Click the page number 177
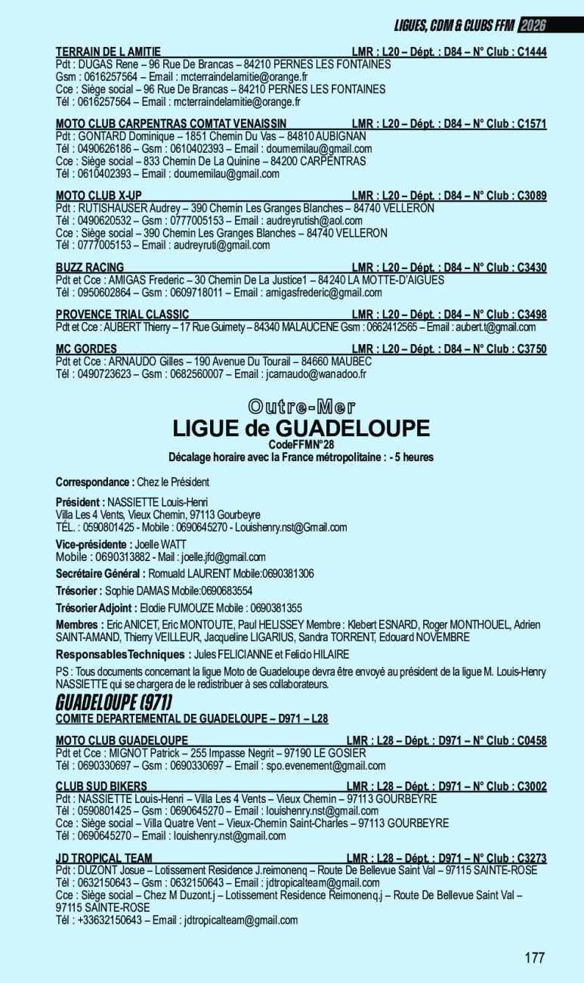534,958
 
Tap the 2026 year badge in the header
533,26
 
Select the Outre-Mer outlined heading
301,407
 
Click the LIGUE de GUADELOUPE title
301,429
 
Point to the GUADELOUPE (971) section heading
114,701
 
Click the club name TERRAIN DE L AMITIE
108,52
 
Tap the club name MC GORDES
86,349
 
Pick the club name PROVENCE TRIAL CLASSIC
122,315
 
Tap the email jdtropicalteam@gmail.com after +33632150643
235,920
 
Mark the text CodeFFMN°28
301,445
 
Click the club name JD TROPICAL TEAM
104,858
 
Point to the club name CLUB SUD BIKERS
101,786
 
